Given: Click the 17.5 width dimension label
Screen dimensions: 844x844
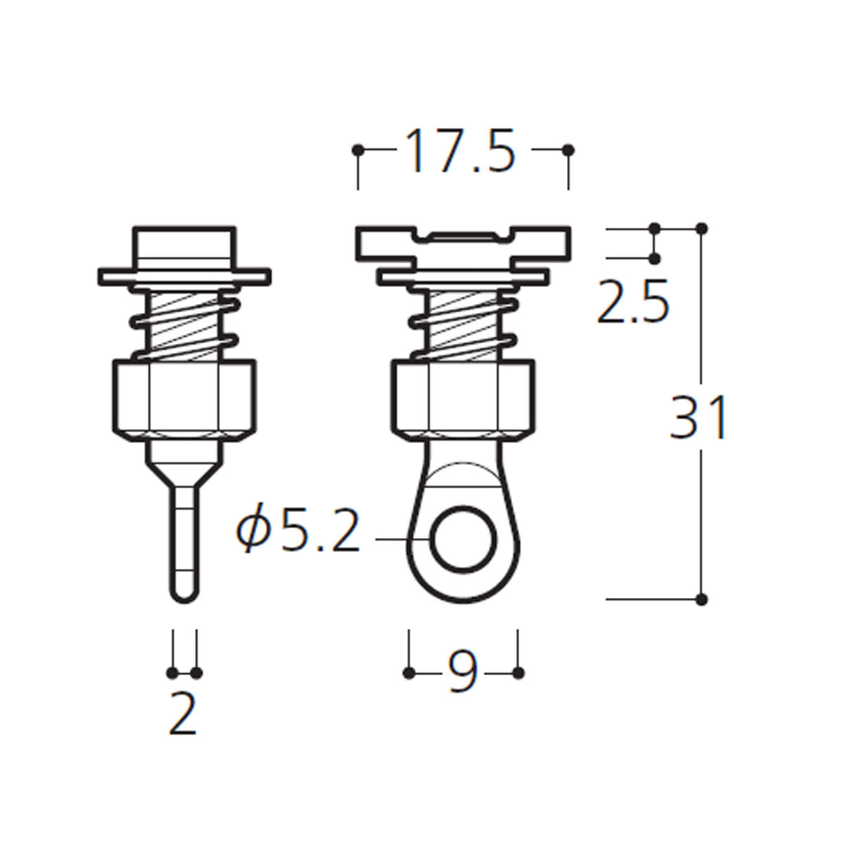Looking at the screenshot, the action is [460, 151].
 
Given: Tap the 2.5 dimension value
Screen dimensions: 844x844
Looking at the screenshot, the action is [633, 302].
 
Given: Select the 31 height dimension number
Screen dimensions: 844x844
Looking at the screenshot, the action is [698, 416].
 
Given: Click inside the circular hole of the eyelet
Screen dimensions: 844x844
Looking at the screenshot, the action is [463, 540].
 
